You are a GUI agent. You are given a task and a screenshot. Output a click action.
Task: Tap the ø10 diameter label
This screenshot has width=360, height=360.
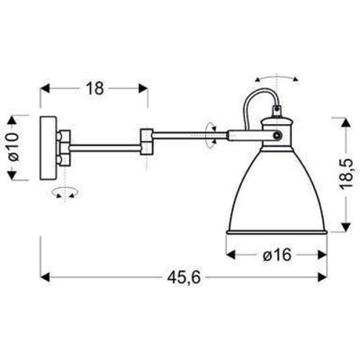pyautogui.click(x=13, y=144)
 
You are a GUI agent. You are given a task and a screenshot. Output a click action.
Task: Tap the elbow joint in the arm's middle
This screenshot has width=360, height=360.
pyautogui.click(x=147, y=140)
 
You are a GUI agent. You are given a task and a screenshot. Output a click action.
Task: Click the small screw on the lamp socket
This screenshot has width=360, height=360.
pyautogui.click(x=276, y=134)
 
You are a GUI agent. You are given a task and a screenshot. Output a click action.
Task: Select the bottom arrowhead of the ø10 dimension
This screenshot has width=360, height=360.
pyautogui.click(x=13, y=175)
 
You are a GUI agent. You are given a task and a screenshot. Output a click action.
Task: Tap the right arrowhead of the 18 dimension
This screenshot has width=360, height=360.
pyautogui.click(x=144, y=88)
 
